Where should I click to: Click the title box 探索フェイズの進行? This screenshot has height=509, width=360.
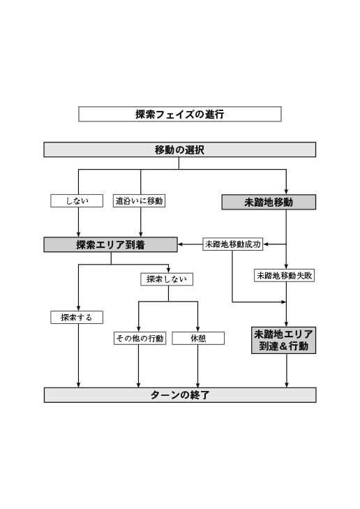click(179, 114)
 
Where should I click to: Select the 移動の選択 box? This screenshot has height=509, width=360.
click(179, 149)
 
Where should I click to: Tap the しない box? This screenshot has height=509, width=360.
click(77, 201)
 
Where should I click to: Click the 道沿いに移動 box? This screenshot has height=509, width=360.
click(140, 201)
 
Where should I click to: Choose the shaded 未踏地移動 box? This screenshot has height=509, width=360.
click(269, 202)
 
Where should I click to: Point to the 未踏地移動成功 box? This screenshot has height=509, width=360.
click(232, 244)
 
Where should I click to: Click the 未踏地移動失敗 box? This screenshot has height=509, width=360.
click(284, 275)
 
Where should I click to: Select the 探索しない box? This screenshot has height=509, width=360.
click(167, 279)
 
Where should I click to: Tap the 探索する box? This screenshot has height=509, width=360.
click(77, 317)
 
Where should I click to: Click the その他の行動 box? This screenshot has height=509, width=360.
click(140, 338)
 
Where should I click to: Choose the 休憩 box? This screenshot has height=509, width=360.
click(198, 338)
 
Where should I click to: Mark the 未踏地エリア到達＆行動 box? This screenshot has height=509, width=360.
click(284, 339)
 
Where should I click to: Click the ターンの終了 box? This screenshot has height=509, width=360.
click(179, 395)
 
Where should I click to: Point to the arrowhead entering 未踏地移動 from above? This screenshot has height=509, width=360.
click(287, 191)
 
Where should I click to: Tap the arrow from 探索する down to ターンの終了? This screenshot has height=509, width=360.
click(78, 355)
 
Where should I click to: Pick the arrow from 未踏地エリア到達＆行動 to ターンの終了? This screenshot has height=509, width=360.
click(287, 370)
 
